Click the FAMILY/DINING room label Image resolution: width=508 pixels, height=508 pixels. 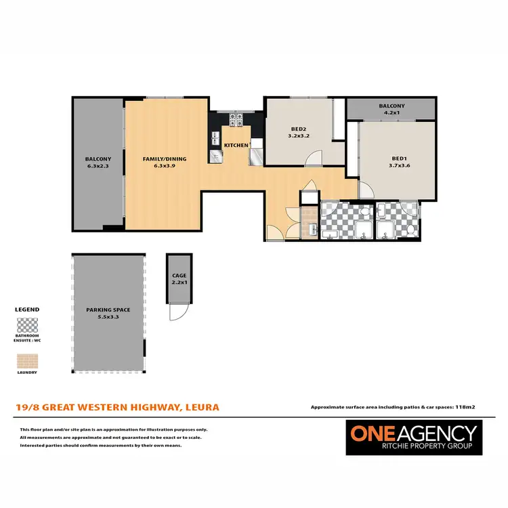(164, 159)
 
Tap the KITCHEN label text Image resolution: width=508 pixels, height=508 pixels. (236, 146)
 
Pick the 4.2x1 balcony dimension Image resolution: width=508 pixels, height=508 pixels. (391, 112)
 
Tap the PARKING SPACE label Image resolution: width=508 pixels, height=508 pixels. (108, 310)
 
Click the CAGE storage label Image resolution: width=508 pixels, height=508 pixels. (179, 275)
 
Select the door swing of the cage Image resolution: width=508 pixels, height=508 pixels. (177, 312)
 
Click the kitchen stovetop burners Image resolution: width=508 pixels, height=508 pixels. (236, 120)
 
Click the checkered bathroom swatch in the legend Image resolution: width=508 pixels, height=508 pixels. (27, 324)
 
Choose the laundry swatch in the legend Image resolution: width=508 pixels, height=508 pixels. (27, 359)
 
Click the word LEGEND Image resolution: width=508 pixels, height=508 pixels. (27, 310)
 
